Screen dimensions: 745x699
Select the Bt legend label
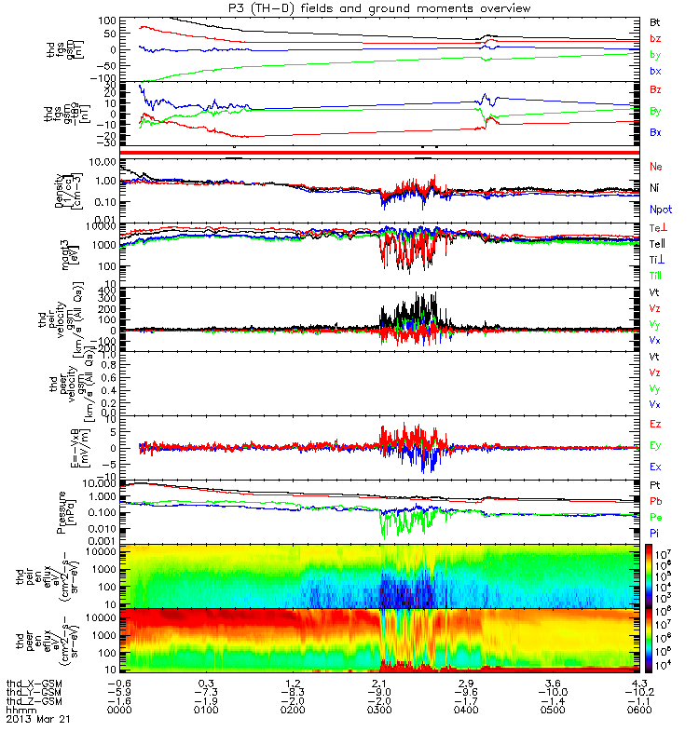tap(655, 20)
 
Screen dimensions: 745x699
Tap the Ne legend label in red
tap(656, 165)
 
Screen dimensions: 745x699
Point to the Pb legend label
tap(656, 501)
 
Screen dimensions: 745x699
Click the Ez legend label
tap(656, 424)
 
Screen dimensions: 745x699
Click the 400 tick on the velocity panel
tap(121, 291)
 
